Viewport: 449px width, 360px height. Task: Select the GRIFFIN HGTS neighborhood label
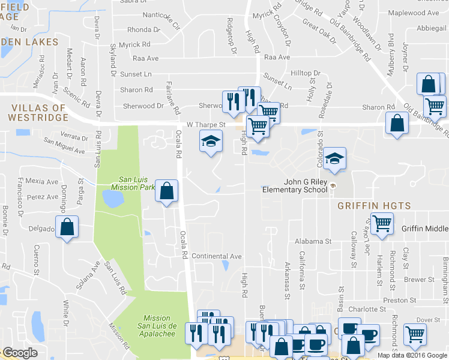tap(374, 206)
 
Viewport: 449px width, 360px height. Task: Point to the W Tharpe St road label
tap(205, 125)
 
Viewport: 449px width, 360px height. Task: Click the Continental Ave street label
tap(216, 256)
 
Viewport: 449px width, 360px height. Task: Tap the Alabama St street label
tap(313, 241)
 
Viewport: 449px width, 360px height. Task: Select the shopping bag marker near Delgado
tap(67, 227)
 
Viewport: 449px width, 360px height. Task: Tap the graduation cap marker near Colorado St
tap(335, 159)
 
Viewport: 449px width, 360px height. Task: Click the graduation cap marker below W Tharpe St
tap(210, 142)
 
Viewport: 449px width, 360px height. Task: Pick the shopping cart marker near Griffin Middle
tap(382, 224)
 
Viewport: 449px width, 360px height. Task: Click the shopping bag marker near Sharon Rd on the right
tap(397, 124)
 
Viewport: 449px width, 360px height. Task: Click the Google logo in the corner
tap(20, 353)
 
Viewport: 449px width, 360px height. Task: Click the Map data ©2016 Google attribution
tap(412, 355)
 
